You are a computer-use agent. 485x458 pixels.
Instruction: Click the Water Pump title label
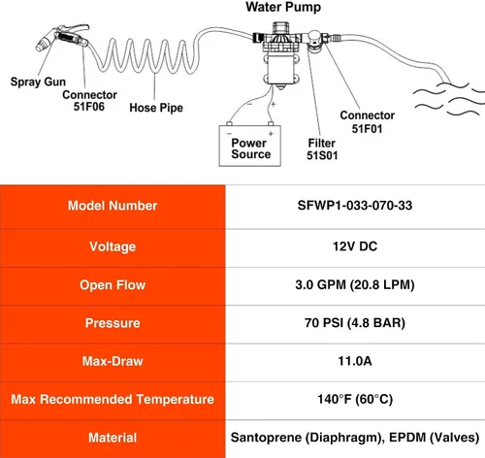283,7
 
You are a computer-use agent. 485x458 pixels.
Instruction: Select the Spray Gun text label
38,82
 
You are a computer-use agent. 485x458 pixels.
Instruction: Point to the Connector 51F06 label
89,101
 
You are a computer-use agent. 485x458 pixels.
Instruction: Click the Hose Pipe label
156,108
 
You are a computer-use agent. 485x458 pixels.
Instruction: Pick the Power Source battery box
250,146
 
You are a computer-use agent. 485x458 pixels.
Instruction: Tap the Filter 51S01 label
322,149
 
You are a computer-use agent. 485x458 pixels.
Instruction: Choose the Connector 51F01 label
367,122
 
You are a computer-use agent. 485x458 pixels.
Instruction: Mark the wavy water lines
449,99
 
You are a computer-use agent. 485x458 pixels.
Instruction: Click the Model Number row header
113,206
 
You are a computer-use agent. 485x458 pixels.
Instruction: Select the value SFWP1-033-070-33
355,206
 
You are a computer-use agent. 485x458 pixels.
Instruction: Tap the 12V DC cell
355,246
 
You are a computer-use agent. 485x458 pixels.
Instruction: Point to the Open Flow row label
113,285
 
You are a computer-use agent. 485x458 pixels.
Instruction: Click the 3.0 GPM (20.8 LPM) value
355,285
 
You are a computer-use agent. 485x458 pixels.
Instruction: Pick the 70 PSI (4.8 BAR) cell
355,323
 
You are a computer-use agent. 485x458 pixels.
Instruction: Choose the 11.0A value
355,361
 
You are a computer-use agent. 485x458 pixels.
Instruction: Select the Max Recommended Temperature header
113,399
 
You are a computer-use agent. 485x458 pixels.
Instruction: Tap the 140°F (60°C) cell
355,399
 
